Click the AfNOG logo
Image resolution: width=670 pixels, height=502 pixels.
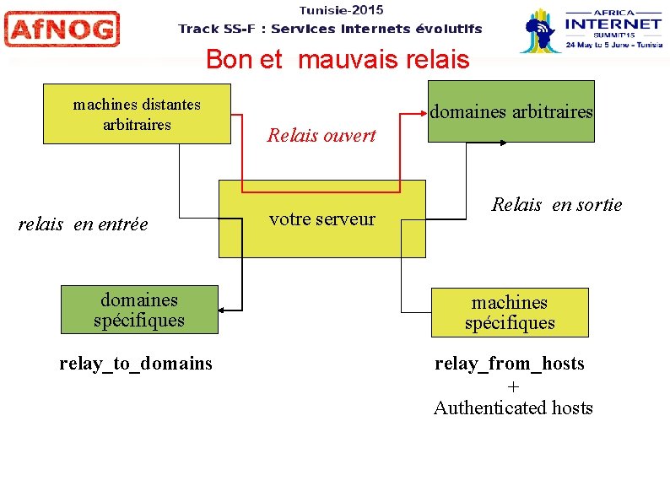click(62, 30)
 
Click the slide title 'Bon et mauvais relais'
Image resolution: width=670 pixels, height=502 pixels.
click(337, 60)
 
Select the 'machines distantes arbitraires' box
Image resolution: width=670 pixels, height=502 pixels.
click(137, 114)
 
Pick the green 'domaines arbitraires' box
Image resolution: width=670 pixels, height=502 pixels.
click(511, 111)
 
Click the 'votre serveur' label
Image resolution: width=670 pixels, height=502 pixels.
click(321, 219)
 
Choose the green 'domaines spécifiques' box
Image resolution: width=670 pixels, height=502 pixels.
click(139, 310)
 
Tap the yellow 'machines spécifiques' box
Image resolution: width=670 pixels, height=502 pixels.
click(510, 312)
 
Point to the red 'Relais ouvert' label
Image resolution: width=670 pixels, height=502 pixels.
click(321, 135)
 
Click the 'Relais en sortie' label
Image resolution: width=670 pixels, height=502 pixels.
click(557, 205)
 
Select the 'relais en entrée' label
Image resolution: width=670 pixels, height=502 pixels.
click(83, 224)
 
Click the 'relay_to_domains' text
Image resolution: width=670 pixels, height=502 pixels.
click(136, 364)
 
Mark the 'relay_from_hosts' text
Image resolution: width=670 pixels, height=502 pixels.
click(510, 364)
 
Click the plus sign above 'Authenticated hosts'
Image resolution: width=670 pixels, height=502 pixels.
click(513, 386)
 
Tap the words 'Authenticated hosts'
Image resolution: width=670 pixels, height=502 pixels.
click(513, 408)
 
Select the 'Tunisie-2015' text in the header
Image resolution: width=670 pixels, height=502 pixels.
click(341, 10)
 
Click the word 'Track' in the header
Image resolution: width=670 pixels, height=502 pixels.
click(198, 29)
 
